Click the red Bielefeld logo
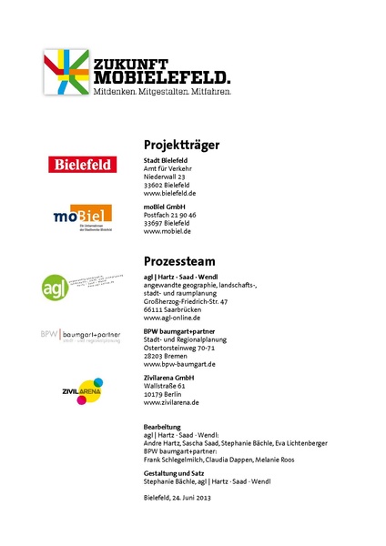click(x=83, y=165)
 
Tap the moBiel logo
click(x=82, y=217)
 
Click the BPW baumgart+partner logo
click(x=80, y=335)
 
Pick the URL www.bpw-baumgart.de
click(x=179, y=364)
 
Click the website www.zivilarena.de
click(x=171, y=402)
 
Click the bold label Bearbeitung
click(x=163, y=426)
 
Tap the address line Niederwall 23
click(x=165, y=177)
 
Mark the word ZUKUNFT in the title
click(x=129, y=64)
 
